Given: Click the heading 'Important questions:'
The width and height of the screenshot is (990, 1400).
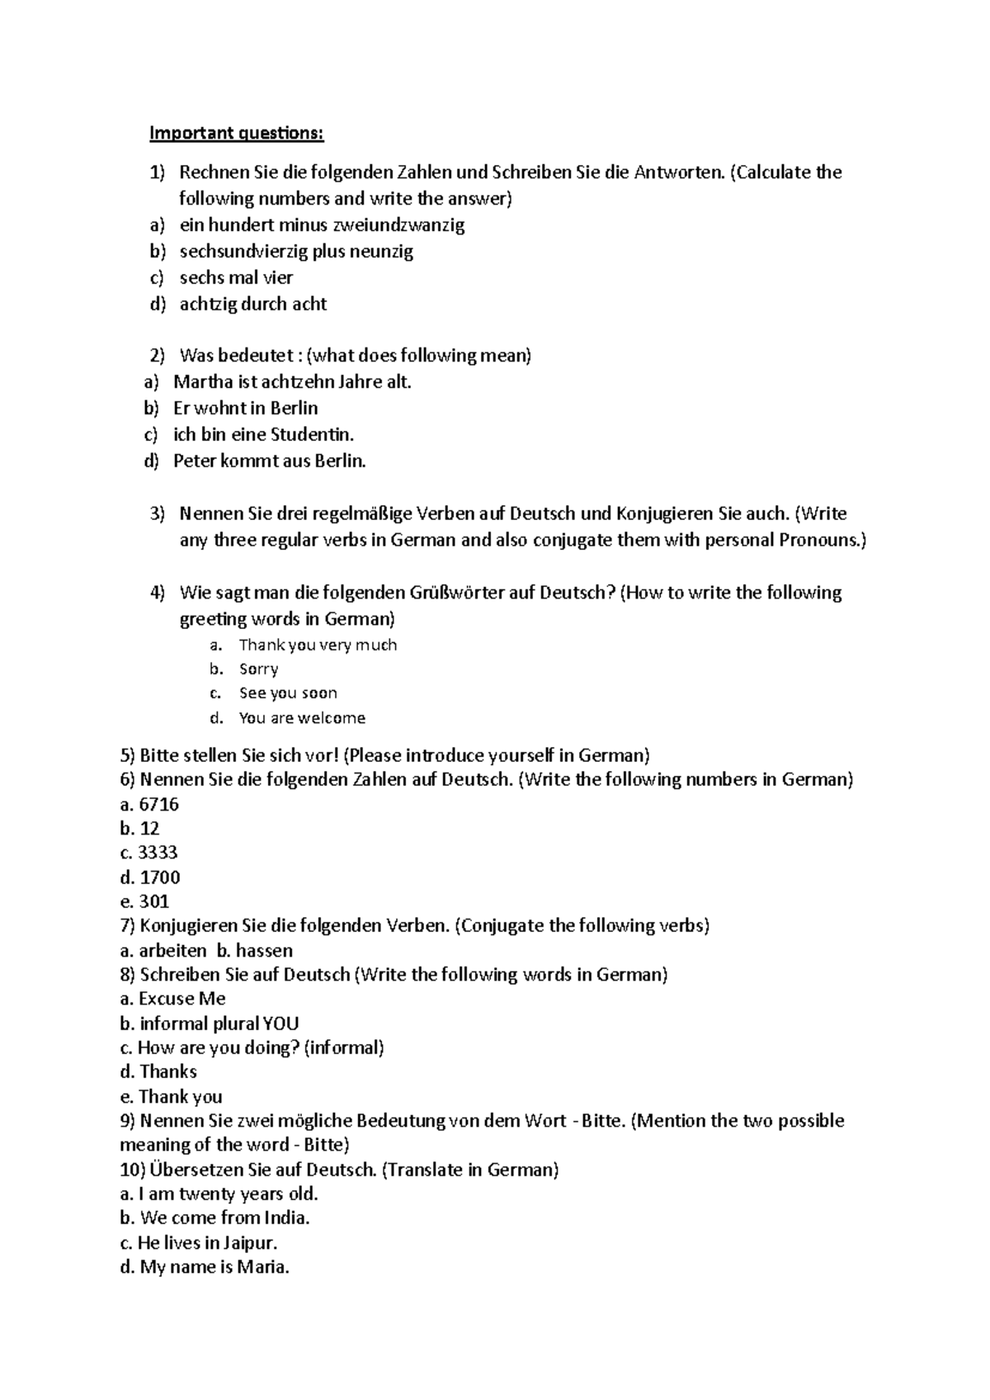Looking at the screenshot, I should [x=236, y=134].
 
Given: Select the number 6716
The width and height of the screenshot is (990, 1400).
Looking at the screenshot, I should [x=159, y=804].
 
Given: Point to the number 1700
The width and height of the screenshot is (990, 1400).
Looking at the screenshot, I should [x=160, y=877].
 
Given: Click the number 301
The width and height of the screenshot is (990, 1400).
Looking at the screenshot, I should [x=154, y=901].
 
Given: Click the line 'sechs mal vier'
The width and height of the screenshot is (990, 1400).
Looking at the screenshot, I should [x=236, y=277].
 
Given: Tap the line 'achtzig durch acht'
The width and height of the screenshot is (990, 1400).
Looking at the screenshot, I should [x=253, y=304].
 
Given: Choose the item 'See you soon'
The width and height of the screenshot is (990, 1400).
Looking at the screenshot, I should [x=288, y=693].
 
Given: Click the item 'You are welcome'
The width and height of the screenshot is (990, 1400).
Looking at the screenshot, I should [x=302, y=718].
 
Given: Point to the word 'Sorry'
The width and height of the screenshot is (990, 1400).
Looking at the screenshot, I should [x=258, y=669].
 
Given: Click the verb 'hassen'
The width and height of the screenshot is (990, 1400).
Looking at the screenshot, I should [x=264, y=950].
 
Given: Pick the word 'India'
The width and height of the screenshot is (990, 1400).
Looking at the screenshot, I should [x=286, y=1218].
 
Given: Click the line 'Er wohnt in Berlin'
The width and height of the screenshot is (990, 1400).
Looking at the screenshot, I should [x=245, y=408].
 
